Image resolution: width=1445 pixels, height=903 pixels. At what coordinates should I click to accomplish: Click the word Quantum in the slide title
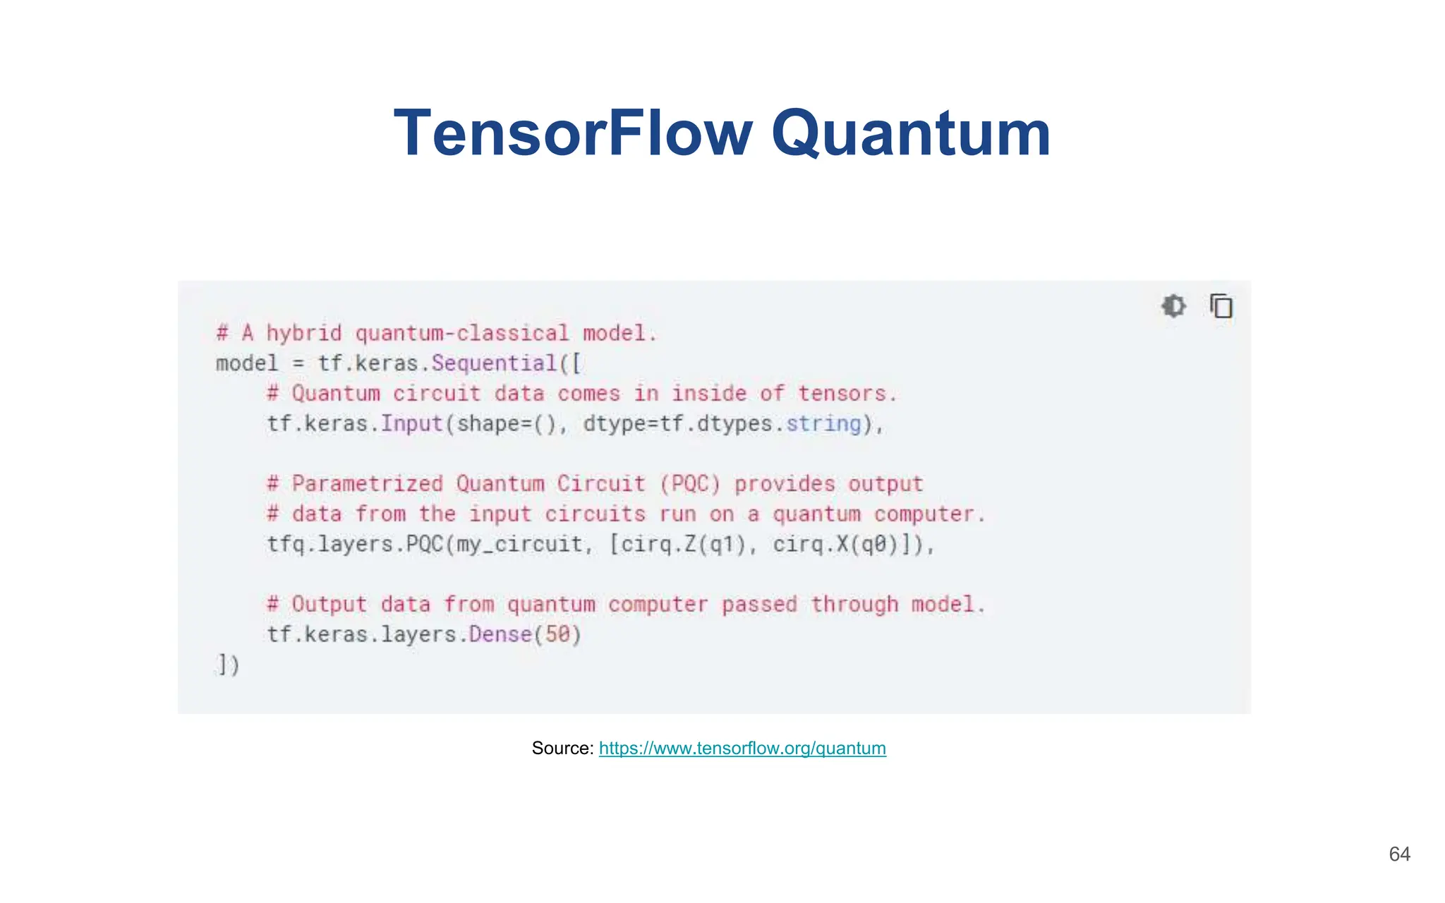pos(911,134)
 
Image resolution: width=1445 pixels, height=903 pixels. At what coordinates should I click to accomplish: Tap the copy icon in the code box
pos(1221,306)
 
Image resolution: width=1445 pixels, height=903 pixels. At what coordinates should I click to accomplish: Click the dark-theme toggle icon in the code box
pos(1173,306)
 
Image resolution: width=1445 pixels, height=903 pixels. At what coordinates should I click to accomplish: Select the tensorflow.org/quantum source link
pos(742,749)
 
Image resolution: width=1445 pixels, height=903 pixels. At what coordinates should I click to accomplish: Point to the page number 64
pos(1399,854)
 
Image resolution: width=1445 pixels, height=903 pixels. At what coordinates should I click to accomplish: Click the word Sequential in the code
pos(494,363)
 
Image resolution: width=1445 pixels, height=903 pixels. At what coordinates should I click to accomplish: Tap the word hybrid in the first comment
pos(303,333)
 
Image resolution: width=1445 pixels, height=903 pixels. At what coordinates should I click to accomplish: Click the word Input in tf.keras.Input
pos(411,424)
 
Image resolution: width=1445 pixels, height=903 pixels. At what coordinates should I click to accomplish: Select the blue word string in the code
pos(823,424)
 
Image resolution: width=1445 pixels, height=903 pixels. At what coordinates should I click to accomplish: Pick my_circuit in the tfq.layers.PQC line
pos(519,545)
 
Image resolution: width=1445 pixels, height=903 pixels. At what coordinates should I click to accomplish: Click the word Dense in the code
pos(500,634)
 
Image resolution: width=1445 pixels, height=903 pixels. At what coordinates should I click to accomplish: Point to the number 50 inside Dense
pos(557,634)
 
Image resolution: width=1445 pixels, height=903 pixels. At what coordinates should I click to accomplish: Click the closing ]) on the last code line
pos(228,665)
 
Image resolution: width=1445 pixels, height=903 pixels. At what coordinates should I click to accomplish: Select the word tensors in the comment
pos(842,394)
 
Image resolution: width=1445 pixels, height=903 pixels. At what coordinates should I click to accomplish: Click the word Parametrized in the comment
pos(368,484)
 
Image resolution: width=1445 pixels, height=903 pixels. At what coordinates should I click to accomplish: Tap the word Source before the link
pos(562,749)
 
